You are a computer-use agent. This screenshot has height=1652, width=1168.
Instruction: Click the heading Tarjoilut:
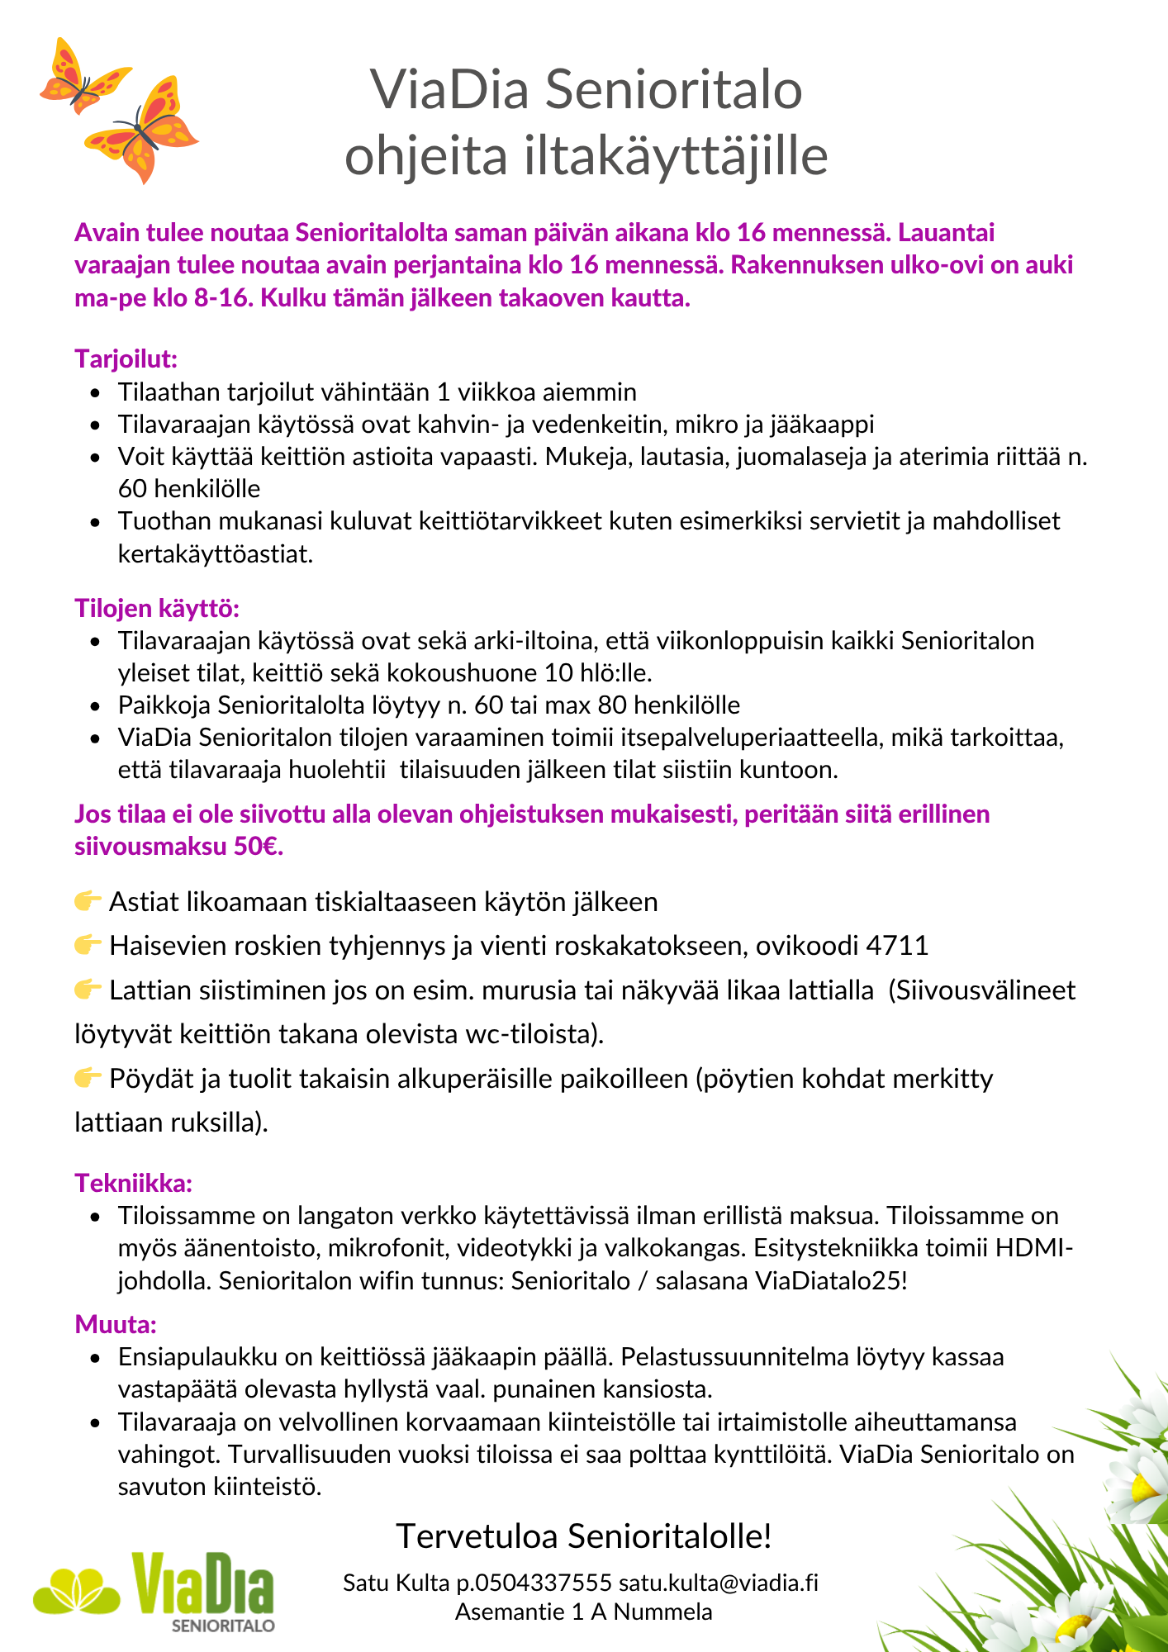click(x=126, y=359)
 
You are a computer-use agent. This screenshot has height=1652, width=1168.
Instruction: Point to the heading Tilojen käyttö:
click(x=157, y=609)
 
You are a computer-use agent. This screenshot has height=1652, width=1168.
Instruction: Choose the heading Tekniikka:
click(x=134, y=1183)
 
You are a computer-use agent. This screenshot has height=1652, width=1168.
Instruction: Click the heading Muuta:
click(x=116, y=1325)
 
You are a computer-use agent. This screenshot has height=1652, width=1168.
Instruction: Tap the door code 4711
click(x=897, y=945)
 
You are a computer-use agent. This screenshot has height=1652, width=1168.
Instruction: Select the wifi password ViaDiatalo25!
click(x=831, y=1280)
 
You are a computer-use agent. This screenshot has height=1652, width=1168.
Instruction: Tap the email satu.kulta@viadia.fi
click(x=719, y=1583)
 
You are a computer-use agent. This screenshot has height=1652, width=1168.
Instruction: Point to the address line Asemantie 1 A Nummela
click(x=583, y=1612)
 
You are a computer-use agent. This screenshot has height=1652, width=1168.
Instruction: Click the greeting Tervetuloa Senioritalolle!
click(x=583, y=1536)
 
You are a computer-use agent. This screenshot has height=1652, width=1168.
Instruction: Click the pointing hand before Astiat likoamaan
click(x=88, y=900)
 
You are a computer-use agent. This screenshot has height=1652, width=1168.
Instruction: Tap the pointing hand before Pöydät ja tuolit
click(x=88, y=1078)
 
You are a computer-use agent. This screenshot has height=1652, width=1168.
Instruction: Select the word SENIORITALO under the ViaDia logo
click(x=223, y=1626)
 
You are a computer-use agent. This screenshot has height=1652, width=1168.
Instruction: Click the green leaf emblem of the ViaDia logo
click(x=76, y=1590)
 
